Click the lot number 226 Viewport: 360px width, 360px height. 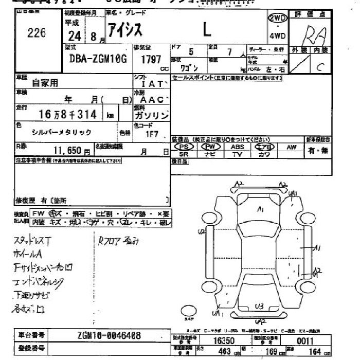(37, 33)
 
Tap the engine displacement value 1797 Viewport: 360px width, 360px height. (151, 59)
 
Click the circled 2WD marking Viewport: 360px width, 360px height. (277, 17)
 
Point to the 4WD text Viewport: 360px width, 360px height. (277, 35)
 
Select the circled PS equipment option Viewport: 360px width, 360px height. (184, 147)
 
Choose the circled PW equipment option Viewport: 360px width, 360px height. (211, 147)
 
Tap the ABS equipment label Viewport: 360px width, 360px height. (238, 147)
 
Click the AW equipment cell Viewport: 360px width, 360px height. (292, 147)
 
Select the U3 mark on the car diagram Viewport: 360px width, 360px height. (259, 307)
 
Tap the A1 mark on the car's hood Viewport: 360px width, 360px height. (261, 209)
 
